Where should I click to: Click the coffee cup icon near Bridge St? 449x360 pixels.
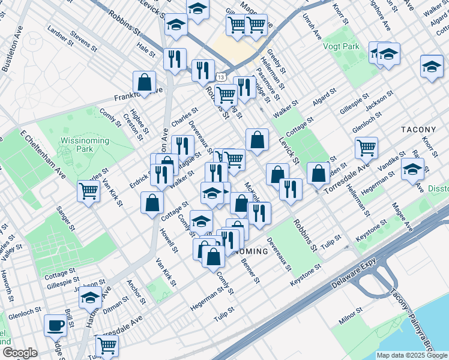(56, 326)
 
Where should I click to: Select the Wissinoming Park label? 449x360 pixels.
(83, 145)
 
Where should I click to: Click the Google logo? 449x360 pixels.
(19, 353)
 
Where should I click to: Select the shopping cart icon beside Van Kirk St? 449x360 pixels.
(88, 191)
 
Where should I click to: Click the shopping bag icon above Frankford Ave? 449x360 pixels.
(145, 81)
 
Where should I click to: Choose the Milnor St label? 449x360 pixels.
(351, 316)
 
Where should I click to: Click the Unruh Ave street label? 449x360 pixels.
(312, 28)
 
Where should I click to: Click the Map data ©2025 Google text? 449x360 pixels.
(411, 355)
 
